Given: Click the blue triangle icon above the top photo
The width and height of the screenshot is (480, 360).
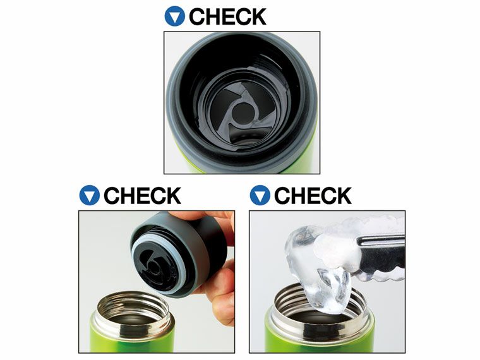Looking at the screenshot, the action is [174, 16].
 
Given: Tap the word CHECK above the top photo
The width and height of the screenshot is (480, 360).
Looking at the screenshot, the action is [228, 16].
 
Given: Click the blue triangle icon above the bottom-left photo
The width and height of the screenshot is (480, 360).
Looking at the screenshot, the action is [90, 195].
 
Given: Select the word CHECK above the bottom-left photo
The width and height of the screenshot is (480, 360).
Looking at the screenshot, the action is [142, 195].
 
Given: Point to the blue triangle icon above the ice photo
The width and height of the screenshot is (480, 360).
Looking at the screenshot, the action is [260, 195].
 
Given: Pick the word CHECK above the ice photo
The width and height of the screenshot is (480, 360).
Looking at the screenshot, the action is [313, 195].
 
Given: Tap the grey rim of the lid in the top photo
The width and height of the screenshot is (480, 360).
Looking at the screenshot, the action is [171, 101].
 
